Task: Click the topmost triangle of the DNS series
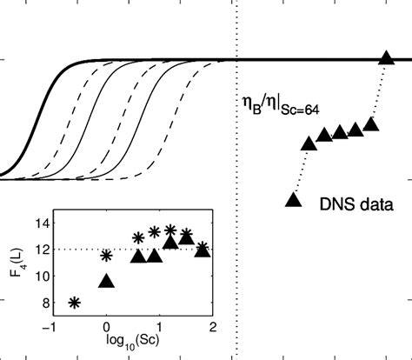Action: (x=387, y=59)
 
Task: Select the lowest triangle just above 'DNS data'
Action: (x=294, y=199)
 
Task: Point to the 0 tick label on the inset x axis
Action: (x=106, y=328)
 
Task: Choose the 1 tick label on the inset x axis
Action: (x=159, y=328)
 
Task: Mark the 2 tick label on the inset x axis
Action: (x=212, y=328)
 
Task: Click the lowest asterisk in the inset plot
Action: (x=75, y=303)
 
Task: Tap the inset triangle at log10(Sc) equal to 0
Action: (x=106, y=281)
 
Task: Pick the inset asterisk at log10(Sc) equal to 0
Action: (x=106, y=256)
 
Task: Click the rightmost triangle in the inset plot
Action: (x=203, y=250)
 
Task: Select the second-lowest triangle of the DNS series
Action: (x=309, y=142)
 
